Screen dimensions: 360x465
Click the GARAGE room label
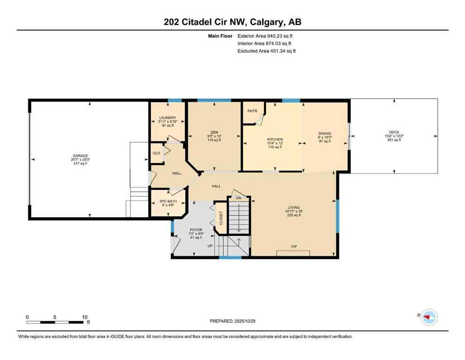coord(80,156)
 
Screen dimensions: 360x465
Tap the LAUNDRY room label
coord(167,118)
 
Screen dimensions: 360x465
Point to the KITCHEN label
coord(275,140)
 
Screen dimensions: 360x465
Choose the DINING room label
coord(325,133)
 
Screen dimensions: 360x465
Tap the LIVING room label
coord(294,207)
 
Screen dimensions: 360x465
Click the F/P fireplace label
coord(294,246)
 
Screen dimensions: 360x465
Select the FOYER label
coord(195,230)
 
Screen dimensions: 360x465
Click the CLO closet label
coord(156,153)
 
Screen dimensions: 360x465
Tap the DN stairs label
coord(238,198)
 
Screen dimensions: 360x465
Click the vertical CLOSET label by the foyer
coord(221,218)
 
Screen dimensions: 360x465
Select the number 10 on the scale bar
coord(85,317)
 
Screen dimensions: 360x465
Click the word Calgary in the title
coord(271,22)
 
